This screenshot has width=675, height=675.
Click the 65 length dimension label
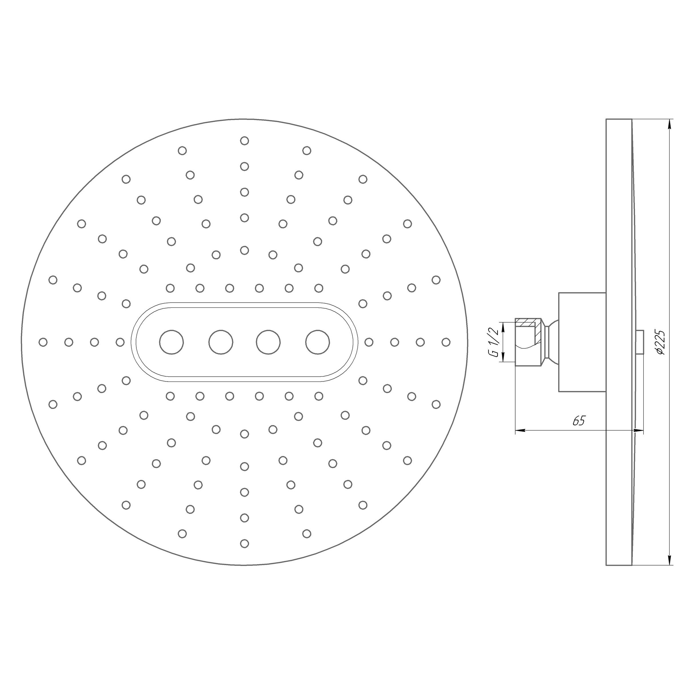click(x=579, y=421)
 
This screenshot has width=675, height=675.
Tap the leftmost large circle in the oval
click(x=171, y=342)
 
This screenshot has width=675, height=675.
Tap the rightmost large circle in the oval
click(x=317, y=342)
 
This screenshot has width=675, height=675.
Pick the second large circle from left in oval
click(x=221, y=342)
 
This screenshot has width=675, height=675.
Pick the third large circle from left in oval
click(x=268, y=342)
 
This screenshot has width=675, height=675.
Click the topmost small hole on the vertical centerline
click(x=245, y=141)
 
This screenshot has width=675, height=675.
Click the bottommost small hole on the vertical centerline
click(x=245, y=543)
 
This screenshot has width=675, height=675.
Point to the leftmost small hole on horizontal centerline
click(x=43, y=342)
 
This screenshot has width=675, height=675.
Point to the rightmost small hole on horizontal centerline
click(x=446, y=342)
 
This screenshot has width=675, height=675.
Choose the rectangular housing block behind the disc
click(x=582, y=342)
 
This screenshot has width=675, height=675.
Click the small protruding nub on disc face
click(x=640, y=342)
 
